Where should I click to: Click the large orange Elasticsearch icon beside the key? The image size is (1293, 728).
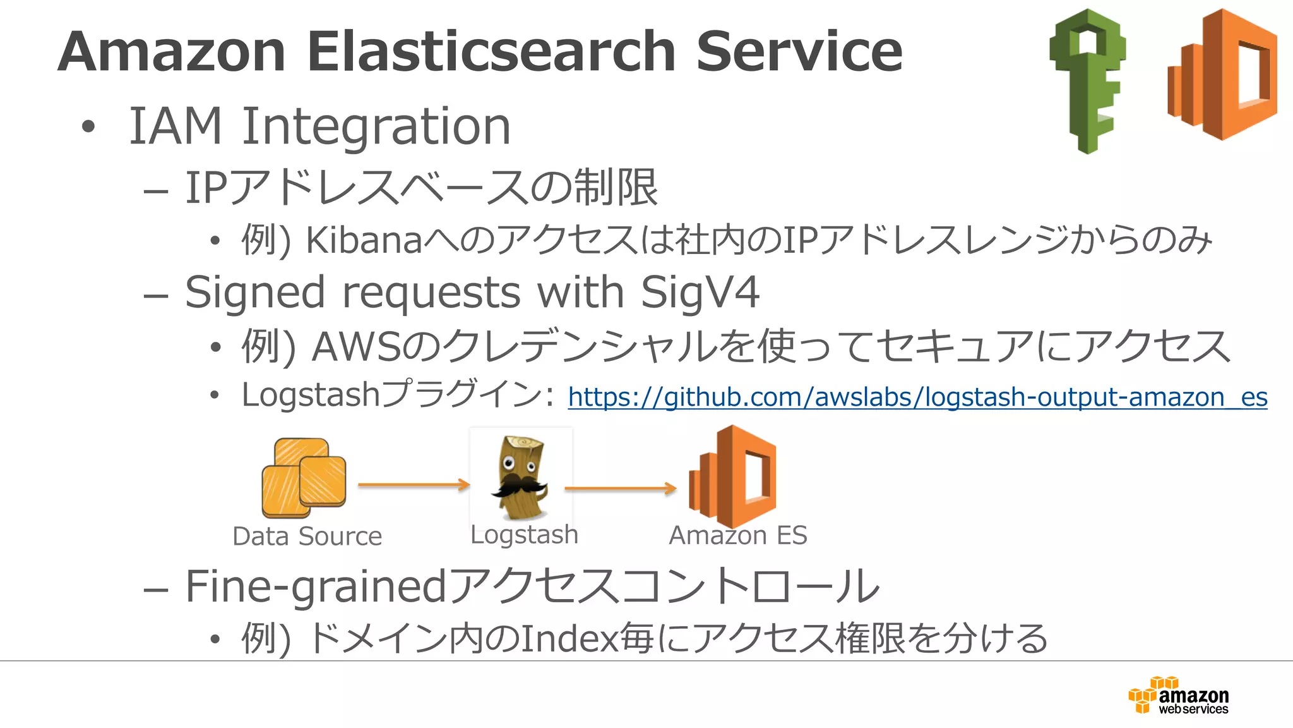[1222, 75]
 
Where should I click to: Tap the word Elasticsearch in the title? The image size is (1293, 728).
[491, 52]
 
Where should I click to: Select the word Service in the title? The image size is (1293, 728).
[799, 52]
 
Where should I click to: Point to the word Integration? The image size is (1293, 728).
[376, 126]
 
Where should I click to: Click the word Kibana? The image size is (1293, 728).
[364, 241]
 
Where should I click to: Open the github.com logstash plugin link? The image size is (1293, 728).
[917, 397]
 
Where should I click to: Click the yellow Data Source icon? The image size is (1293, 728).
[304, 478]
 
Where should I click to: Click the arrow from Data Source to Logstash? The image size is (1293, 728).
[414, 485]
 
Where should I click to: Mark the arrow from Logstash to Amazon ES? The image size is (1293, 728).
[620, 488]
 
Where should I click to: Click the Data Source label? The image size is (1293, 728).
[307, 537]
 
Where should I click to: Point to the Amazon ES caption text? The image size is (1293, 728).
[737, 535]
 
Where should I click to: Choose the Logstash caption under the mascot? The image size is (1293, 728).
[524, 535]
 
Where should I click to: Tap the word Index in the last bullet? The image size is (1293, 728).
[568, 638]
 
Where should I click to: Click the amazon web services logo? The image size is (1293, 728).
[1178, 696]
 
